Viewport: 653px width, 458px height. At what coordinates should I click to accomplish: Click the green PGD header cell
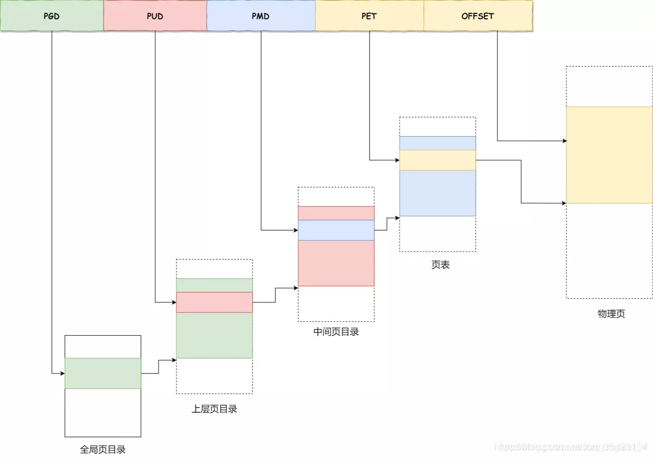point(51,16)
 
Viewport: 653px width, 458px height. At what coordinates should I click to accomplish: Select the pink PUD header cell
point(155,16)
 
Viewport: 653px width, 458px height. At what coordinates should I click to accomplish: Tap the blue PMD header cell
point(261,16)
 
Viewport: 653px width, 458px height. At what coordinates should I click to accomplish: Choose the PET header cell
point(369,16)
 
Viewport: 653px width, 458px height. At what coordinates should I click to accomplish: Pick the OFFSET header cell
point(478,16)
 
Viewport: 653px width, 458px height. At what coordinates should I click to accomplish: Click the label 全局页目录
point(103,450)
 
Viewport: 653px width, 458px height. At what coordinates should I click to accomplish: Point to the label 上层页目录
point(214,409)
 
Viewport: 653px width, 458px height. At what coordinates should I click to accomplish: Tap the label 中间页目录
point(336,332)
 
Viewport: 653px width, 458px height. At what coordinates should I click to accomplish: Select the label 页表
point(440,265)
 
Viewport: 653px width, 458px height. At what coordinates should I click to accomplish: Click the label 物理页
point(611,314)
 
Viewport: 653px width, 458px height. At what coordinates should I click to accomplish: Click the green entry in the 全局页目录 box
point(103,373)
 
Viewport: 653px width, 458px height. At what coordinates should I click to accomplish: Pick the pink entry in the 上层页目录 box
point(214,303)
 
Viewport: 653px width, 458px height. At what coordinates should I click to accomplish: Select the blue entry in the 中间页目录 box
point(336,231)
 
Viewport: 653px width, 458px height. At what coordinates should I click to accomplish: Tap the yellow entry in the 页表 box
point(437,160)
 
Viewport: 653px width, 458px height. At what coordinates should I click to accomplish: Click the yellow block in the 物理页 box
point(609,155)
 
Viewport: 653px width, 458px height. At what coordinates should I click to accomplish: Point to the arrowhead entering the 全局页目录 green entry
point(62,373)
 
